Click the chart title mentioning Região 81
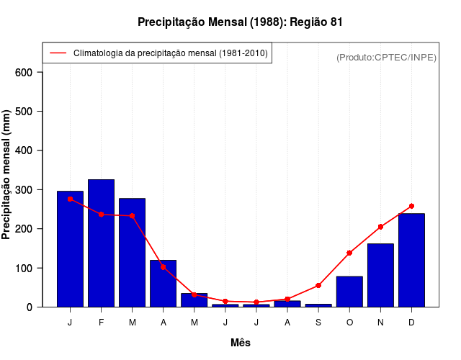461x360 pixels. click(x=240, y=22)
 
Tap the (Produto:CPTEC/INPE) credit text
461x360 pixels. click(x=386, y=57)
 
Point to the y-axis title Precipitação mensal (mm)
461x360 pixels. click(x=7, y=175)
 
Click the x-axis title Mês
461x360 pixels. click(x=241, y=343)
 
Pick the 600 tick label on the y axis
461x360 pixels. click(x=24, y=72)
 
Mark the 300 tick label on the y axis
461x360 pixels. click(x=24, y=190)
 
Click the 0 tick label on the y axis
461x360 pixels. click(x=30, y=307)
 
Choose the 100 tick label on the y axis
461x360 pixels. click(x=24, y=268)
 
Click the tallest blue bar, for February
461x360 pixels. click(x=101, y=243)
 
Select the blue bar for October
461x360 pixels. click(x=349, y=292)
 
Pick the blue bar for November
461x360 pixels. click(x=380, y=275)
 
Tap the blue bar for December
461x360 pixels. click(x=411, y=260)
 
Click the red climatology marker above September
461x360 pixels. click(x=318, y=285)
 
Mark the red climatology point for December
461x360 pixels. click(x=411, y=206)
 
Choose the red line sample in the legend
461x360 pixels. click(x=58, y=53)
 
